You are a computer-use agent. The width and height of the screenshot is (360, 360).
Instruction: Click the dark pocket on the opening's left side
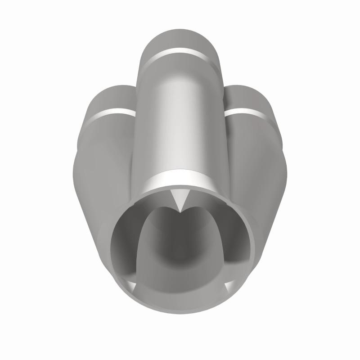(126, 243)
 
